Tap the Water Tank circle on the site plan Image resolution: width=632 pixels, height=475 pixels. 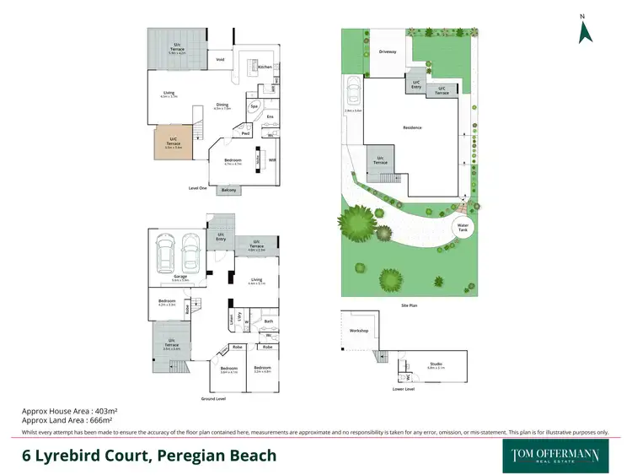tap(463, 227)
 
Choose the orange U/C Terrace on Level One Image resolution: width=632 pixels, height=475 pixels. tap(174, 143)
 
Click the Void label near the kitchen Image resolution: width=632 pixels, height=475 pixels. tap(220, 60)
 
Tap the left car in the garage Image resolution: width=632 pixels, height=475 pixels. tap(164, 252)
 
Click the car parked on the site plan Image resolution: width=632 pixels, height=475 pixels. tap(352, 92)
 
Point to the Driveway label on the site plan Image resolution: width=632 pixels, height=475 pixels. tap(388, 51)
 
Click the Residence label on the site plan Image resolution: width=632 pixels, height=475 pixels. tap(412, 127)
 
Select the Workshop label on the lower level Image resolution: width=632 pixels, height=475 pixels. tap(358, 331)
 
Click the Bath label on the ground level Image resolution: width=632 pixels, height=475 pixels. tap(267, 321)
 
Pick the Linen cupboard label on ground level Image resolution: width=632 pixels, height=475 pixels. tap(230, 321)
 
